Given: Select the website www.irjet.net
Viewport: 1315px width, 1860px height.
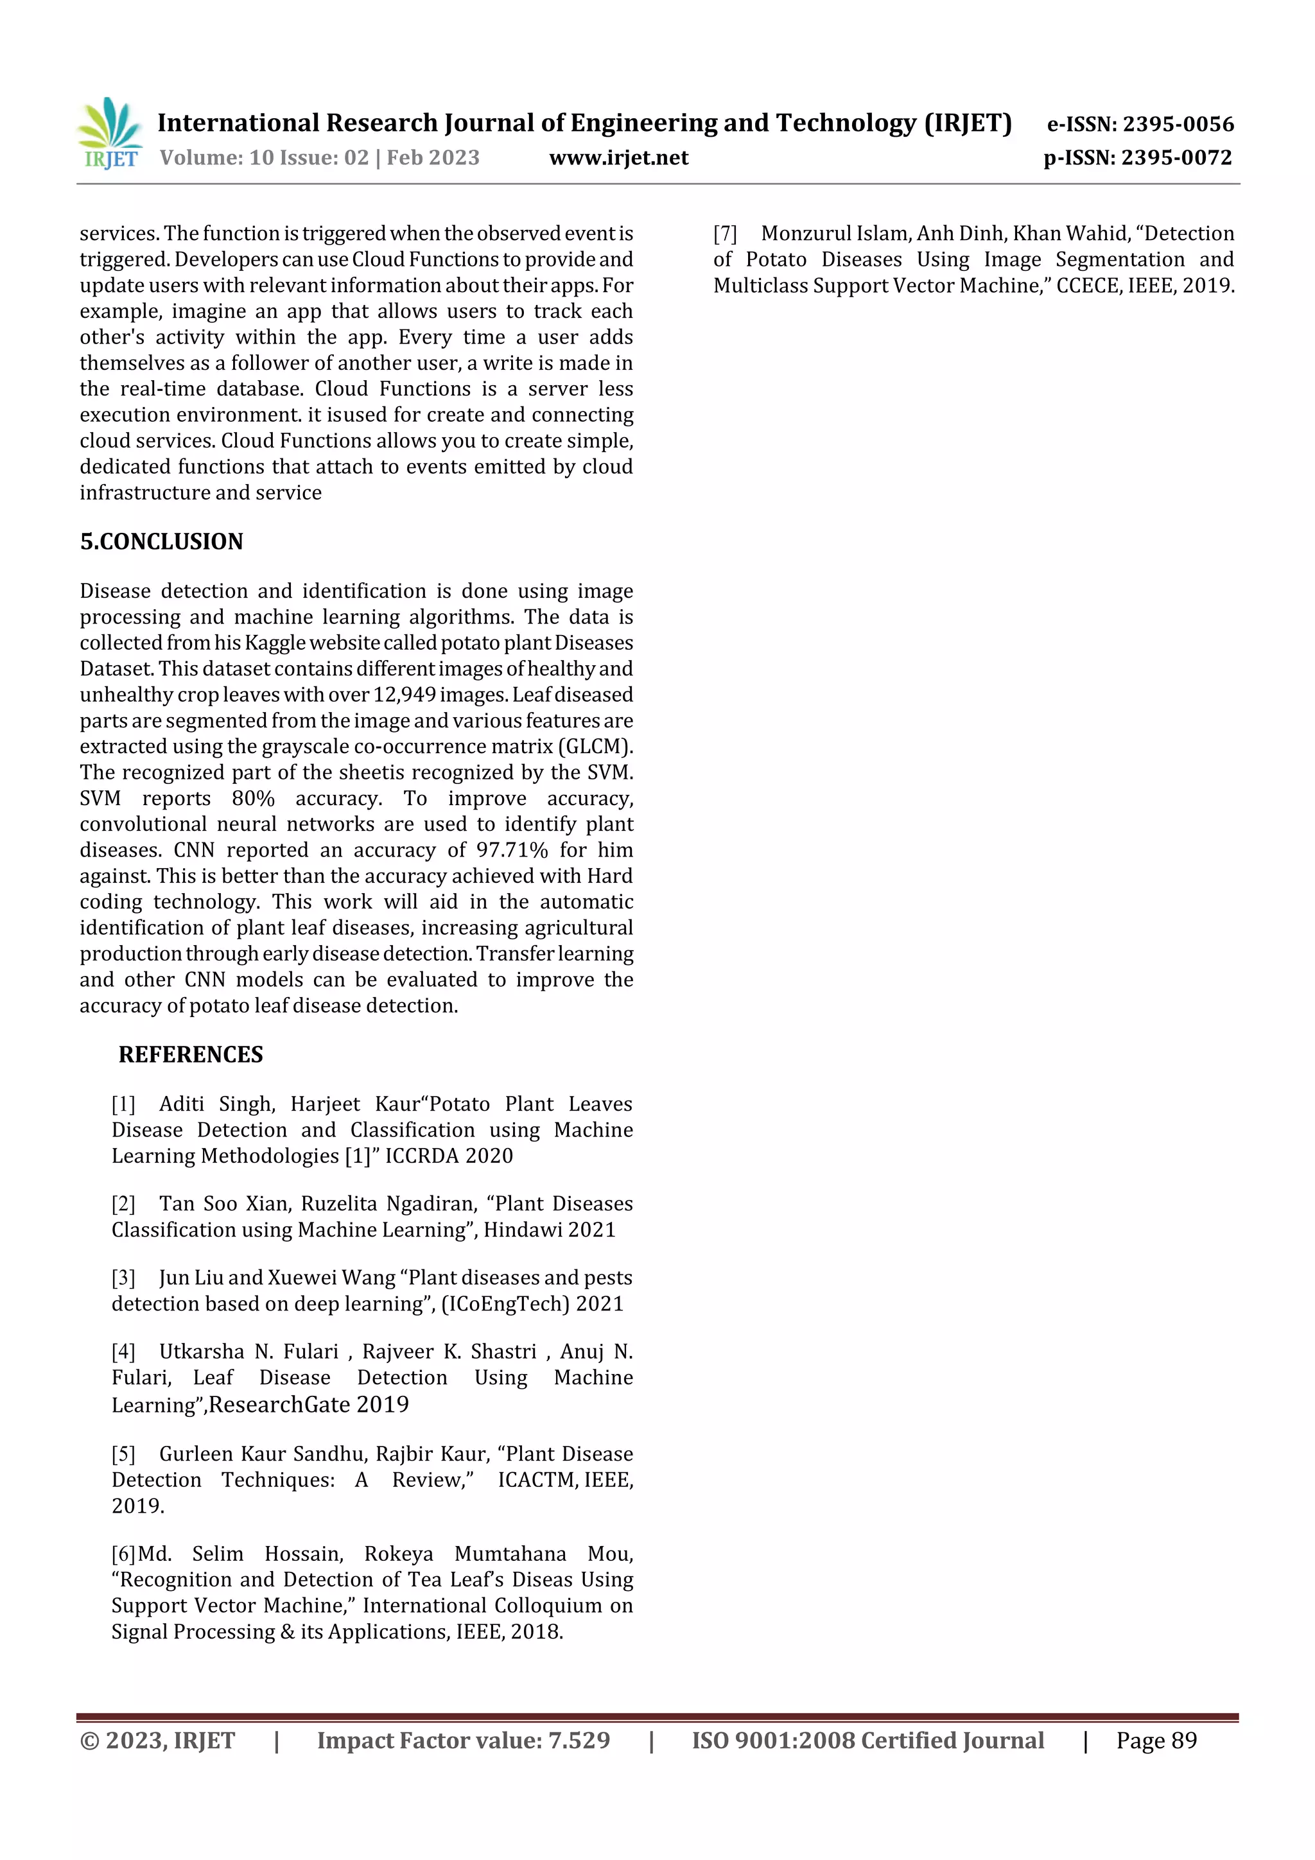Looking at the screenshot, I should click(x=618, y=158).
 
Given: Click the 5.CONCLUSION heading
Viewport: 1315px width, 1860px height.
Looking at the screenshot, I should click(x=161, y=541).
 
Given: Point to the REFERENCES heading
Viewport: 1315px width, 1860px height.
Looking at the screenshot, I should click(x=191, y=1054).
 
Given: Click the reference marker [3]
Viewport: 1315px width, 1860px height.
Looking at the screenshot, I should click(x=123, y=1278).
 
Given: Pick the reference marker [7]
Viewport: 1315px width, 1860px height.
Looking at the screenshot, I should click(x=725, y=233).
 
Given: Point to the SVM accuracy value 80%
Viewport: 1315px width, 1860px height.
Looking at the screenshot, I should click(x=253, y=798).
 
